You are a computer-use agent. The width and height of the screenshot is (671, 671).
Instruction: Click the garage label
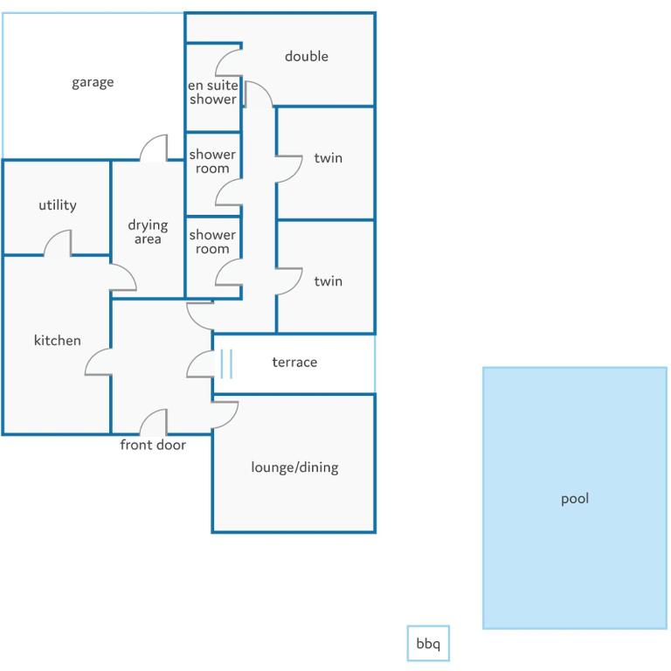click(x=93, y=82)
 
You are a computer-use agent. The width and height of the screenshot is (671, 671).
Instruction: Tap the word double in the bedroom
click(x=307, y=56)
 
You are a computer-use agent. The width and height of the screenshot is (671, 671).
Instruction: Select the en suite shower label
click(x=212, y=92)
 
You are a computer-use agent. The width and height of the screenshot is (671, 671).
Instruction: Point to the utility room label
click(x=58, y=205)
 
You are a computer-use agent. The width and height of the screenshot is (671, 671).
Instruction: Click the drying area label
click(x=148, y=232)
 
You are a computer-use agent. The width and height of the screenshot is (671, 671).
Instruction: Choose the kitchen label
click(x=58, y=340)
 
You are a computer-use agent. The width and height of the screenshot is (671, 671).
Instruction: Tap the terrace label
click(x=294, y=362)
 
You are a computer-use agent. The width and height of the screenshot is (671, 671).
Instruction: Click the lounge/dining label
click(x=294, y=467)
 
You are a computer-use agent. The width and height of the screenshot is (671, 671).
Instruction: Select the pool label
click(x=575, y=499)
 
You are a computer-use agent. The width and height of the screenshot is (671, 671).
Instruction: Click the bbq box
click(x=428, y=643)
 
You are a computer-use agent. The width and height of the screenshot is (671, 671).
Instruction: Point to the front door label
click(x=153, y=445)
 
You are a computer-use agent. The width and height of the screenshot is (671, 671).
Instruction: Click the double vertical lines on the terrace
click(x=226, y=363)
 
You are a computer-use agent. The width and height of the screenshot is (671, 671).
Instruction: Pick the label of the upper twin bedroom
click(x=329, y=158)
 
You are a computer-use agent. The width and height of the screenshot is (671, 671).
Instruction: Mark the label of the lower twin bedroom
click(x=329, y=281)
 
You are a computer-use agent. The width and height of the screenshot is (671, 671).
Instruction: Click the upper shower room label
click(x=212, y=162)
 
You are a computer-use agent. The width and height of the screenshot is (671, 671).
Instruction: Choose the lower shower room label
click(x=212, y=242)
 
